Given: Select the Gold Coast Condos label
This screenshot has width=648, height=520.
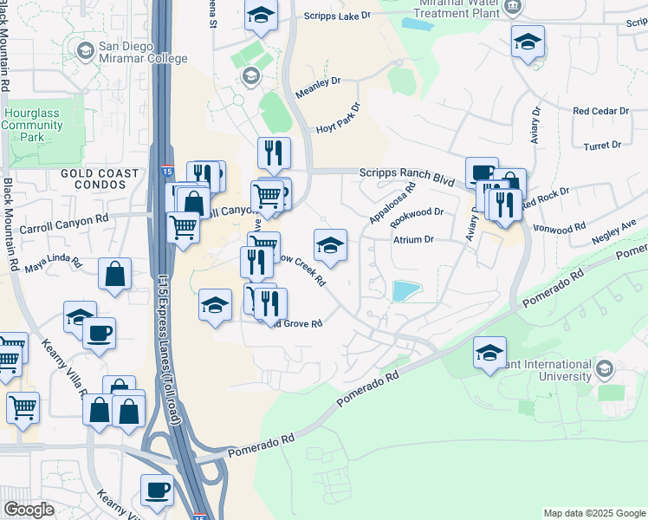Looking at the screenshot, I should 100,179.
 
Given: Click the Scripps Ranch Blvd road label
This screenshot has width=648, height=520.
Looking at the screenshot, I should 407,176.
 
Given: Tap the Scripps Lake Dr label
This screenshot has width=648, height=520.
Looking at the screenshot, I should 337,16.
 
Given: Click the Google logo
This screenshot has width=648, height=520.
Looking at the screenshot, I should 29,510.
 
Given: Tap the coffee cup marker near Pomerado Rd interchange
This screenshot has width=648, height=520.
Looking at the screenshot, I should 156,490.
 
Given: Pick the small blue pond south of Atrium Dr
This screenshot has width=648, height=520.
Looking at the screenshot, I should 405,291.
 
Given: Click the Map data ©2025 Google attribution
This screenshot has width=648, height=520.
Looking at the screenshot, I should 593,513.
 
